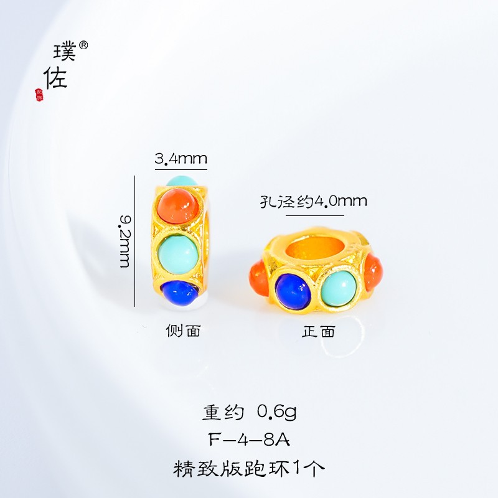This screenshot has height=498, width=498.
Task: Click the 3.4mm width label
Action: click(x=181, y=159)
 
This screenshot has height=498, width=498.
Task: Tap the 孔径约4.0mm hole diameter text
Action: click(x=313, y=202)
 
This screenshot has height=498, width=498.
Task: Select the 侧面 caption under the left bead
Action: click(x=184, y=331)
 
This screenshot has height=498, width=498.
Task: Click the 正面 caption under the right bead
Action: click(x=318, y=331)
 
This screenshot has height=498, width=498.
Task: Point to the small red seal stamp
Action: click(x=39, y=93)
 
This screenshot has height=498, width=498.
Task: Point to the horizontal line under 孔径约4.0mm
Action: click(x=314, y=215)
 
